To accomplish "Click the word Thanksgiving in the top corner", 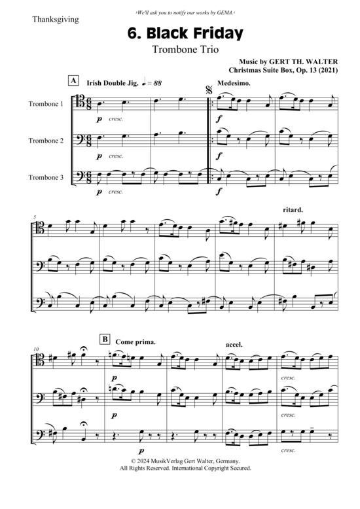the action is click(x=56, y=20).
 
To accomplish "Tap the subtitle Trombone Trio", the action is click(x=185, y=50).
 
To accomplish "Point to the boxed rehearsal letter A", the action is click(x=74, y=80).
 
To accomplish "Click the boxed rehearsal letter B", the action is click(x=105, y=340).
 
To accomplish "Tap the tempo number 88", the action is click(x=157, y=83).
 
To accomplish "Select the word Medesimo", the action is click(x=234, y=83).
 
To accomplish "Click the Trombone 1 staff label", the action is click(x=46, y=104).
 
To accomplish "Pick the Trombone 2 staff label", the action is click(x=46, y=141).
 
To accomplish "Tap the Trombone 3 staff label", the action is click(x=46, y=177).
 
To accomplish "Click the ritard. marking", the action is click(x=293, y=210).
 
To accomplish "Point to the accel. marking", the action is click(x=234, y=344).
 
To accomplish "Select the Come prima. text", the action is click(x=135, y=342).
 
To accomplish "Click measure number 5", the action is click(x=35, y=217).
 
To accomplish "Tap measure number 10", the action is click(x=36, y=349).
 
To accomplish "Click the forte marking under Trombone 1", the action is click(x=219, y=119).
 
